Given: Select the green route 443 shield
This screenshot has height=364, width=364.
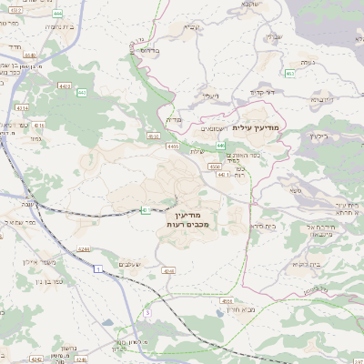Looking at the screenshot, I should [x=82, y=93].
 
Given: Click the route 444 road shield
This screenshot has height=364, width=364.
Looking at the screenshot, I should [x=58, y=14].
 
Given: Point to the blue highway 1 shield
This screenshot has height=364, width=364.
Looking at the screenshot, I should [x=96, y=268].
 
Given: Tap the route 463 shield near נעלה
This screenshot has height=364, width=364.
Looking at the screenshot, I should [x=290, y=74].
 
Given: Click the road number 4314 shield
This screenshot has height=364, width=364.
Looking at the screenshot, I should [x=23, y=107].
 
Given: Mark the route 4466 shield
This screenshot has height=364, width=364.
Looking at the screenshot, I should [x=172, y=145].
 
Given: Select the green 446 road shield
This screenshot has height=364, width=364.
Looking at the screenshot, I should [x=220, y=146].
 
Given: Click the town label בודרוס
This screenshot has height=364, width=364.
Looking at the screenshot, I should [x=147, y=52].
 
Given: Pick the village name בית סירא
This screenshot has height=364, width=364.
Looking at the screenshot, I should [x=263, y=225].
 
